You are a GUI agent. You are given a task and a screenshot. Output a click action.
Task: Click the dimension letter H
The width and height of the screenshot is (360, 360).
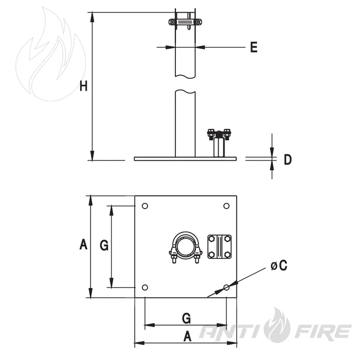83,86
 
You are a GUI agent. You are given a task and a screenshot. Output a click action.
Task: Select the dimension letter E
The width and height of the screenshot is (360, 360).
254,47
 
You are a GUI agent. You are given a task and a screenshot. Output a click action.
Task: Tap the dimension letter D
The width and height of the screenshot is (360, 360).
287,159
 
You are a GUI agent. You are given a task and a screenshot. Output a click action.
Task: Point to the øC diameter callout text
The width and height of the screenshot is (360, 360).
279,265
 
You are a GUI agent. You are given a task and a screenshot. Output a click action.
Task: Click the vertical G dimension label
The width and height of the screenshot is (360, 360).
104,246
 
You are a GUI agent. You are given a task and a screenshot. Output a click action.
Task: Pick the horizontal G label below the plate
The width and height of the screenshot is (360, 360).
186,318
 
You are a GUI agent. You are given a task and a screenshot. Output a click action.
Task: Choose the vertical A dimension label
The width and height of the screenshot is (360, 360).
83,244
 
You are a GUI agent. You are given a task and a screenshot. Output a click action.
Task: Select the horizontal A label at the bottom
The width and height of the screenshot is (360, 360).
187,336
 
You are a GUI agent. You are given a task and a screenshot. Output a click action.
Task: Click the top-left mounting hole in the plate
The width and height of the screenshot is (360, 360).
145,206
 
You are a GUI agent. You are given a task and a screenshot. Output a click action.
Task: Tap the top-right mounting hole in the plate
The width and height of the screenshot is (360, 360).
226,206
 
